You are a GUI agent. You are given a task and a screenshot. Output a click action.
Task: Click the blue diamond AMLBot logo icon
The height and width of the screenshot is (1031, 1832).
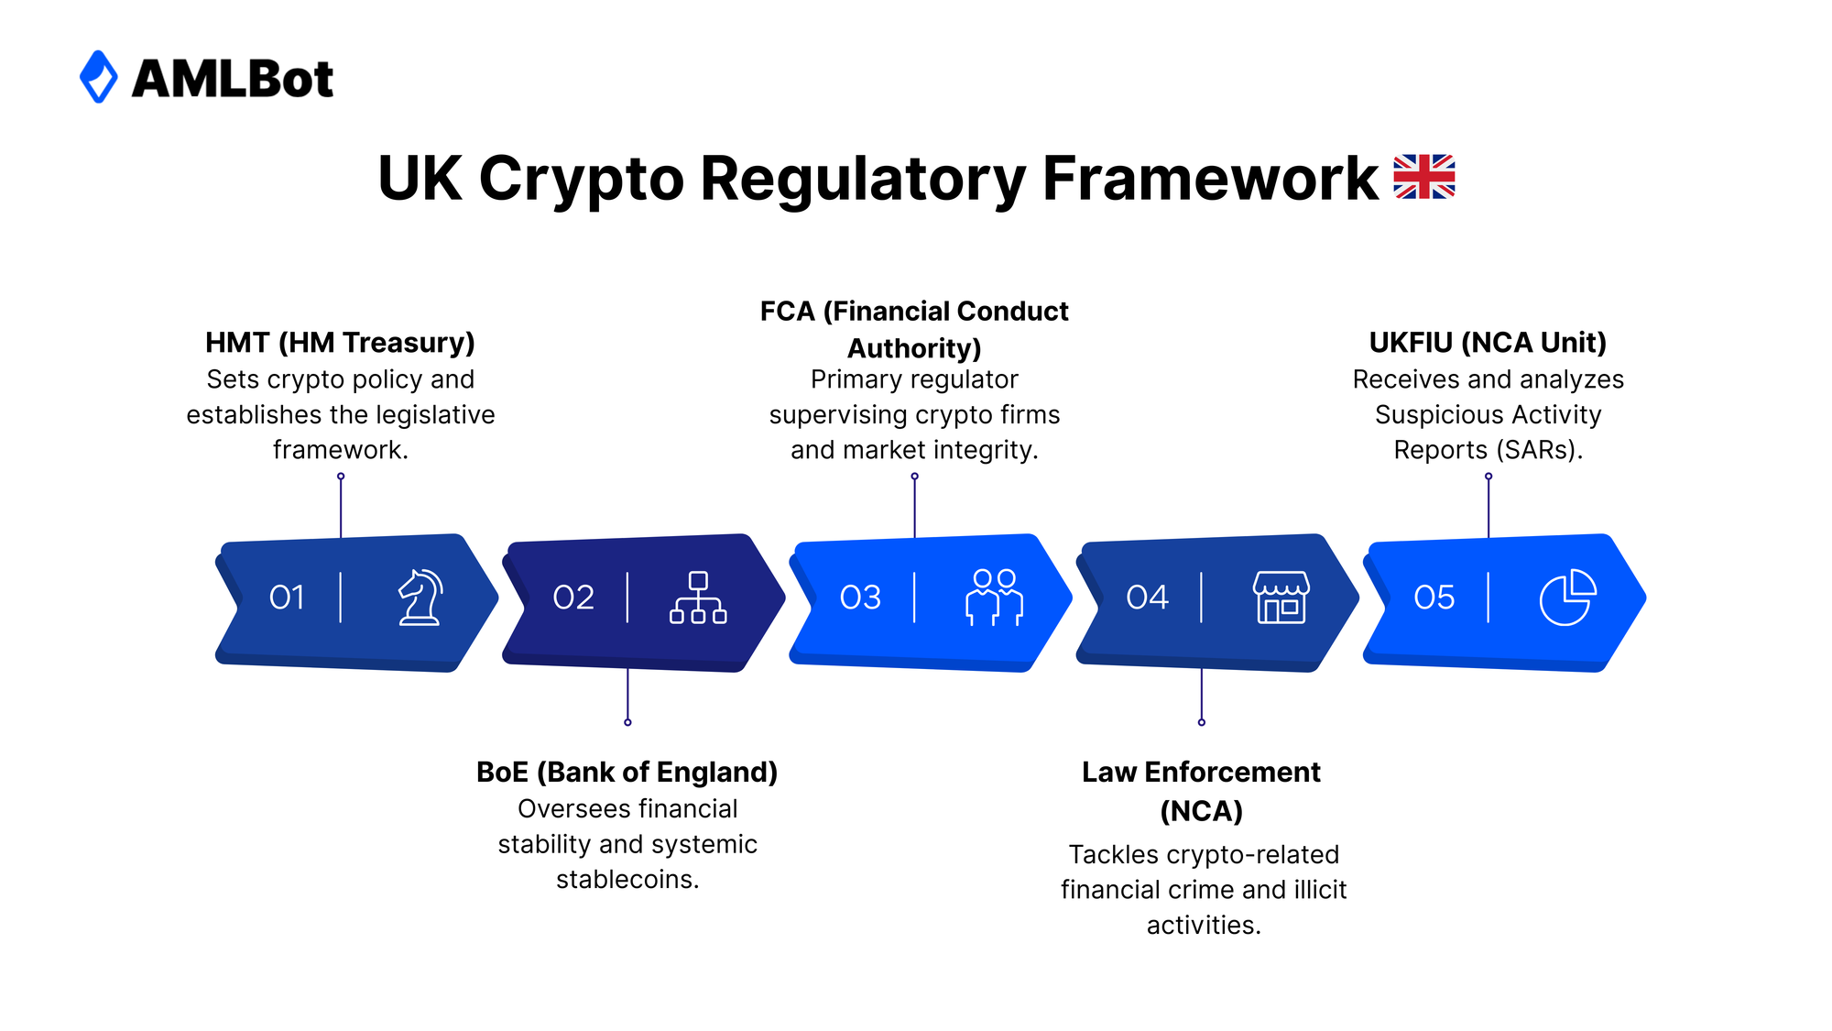(x=99, y=77)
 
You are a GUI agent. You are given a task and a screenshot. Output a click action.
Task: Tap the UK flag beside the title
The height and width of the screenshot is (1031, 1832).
(x=1423, y=177)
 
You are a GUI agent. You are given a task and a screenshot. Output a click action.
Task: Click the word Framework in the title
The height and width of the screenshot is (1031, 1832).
(x=1209, y=178)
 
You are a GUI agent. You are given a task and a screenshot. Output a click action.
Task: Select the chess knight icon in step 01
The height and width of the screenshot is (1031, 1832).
(x=420, y=598)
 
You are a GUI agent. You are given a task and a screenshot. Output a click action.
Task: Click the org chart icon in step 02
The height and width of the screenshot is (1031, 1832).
(x=698, y=598)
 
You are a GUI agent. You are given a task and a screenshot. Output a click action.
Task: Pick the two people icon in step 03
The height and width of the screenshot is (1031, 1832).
(x=994, y=598)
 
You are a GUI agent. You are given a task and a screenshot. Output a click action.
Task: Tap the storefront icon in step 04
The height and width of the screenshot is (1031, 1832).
(x=1281, y=598)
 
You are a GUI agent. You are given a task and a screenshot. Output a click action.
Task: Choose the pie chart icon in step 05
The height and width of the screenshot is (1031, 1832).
(x=1567, y=598)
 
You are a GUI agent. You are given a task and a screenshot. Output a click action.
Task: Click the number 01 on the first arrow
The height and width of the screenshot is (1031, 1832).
(x=287, y=598)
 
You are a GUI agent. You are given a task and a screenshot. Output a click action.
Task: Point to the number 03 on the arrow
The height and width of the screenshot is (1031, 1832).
(x=860, y=598)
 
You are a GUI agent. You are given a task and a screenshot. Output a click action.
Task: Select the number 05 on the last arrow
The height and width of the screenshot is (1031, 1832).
(x=1434, y=598)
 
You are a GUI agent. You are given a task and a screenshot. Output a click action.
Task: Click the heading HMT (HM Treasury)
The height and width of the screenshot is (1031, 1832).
(x=340, y=343)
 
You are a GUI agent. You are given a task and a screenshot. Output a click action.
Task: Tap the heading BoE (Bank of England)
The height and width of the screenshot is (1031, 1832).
(x=627, y=773)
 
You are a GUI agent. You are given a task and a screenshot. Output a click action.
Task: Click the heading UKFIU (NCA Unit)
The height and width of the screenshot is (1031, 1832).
(x=1488, y=343)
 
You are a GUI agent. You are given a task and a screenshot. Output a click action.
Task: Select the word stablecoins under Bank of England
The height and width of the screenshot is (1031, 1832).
(x=627, y=880)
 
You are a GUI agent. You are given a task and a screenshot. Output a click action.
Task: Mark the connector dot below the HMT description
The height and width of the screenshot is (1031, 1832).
(x=341, y=477)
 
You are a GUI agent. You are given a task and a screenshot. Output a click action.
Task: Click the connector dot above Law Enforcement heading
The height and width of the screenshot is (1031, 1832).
(x=1202, y=722)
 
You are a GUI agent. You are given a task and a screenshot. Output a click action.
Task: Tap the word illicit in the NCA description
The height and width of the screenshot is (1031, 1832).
(x=1320, y=890)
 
